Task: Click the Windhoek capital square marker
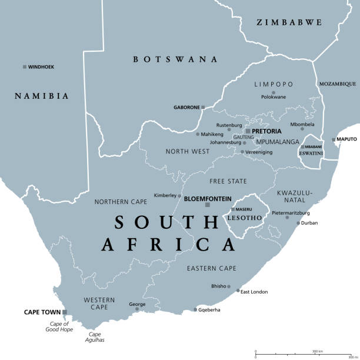[x=25, y=67]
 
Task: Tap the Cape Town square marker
[x=65, y=312]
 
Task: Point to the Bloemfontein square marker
[x=207, y=205]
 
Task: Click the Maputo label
[x=346, y=139]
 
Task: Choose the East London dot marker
[x=238, y=290]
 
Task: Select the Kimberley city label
[x=165, y=195]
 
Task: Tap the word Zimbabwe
[x=289, y=22]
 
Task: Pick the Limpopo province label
[x=273, y=84]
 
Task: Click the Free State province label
[x=228, y=181]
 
